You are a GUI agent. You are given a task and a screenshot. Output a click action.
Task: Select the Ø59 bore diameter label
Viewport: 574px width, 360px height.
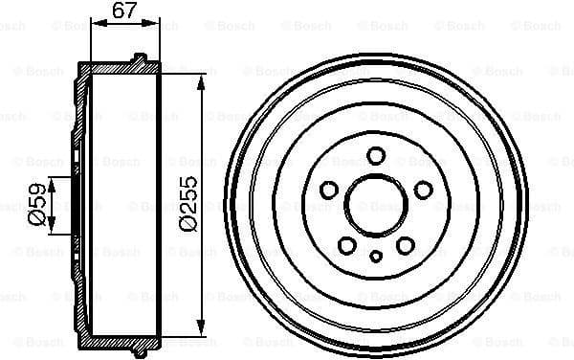(x=34, y=205)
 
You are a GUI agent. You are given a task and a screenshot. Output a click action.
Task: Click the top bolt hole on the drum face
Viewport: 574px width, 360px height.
(x=377, y=155)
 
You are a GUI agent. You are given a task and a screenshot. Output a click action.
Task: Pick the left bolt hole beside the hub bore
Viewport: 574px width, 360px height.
(x=331, y=189)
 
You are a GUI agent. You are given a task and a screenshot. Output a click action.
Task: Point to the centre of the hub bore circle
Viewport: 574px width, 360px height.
(x=377, y=204)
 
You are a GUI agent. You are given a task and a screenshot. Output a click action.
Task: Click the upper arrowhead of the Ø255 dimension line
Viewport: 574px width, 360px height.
(x=201, y=85)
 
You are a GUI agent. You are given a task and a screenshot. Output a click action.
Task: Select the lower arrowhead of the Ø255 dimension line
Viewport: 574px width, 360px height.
(x=201, y=323)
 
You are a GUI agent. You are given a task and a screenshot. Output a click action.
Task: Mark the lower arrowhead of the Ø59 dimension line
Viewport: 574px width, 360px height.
(x=53, y=230)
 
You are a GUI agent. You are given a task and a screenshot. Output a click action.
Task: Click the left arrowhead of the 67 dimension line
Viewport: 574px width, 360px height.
(x=94, y=24)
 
